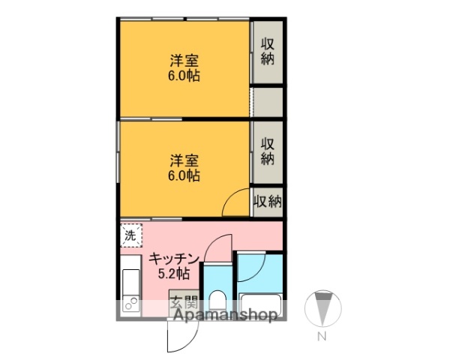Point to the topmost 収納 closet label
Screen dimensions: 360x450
click(x=268, y=51)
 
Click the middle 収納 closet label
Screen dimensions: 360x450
click(x=268, y=151)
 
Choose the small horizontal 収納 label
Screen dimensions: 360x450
click(x=268, y=201)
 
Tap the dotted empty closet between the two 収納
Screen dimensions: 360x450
click(x=268, y=102)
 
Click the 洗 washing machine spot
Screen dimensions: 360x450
click(x=130, y=235)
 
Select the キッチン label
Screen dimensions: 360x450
click(x=174, y=259)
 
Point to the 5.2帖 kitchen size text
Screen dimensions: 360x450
click(x=173, y=273)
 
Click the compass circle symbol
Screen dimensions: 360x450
click(x=322, y=307)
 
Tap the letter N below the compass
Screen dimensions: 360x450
click(x=322, y=337)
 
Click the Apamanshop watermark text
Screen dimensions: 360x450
click(x=225, y=316)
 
